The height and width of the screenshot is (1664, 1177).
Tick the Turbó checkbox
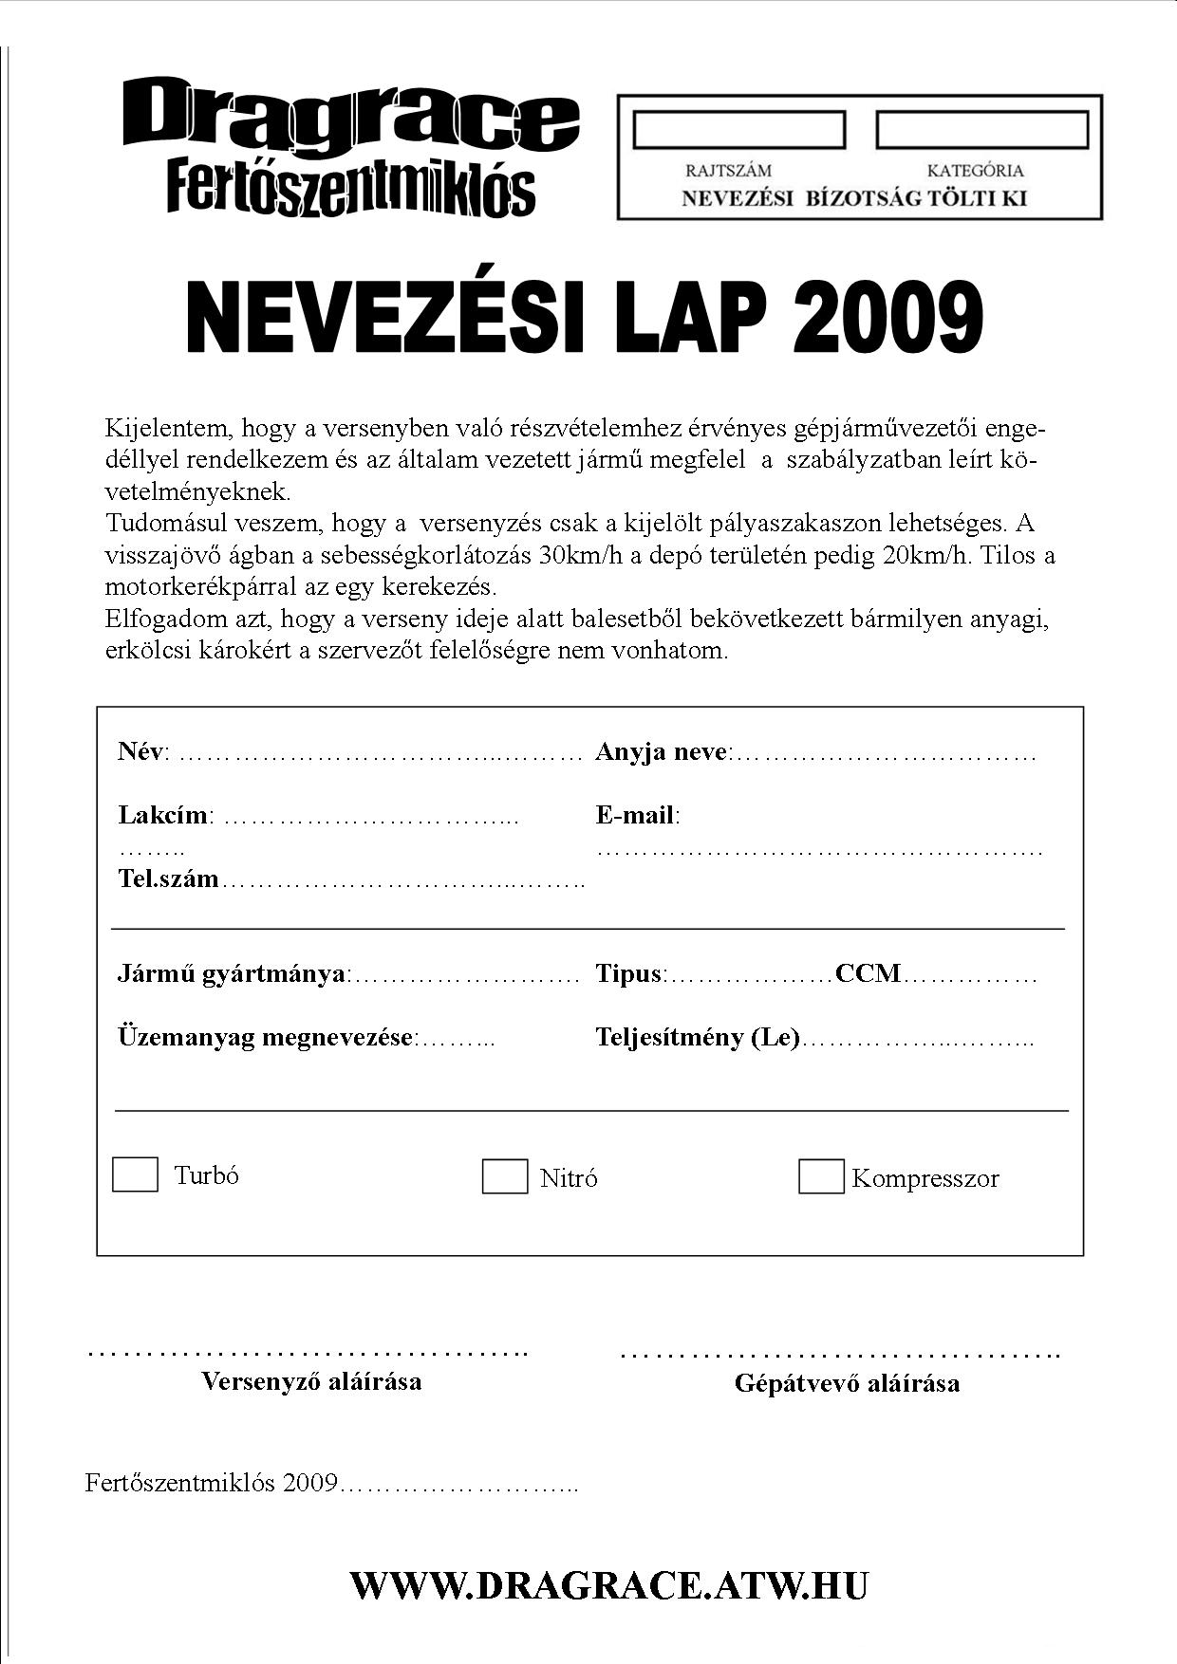click(135, 1174)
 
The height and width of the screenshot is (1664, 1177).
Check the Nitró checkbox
click(504, 1176)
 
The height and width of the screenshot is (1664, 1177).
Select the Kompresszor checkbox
click(821, 1176)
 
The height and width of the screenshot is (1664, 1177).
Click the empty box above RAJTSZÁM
click(738, 130)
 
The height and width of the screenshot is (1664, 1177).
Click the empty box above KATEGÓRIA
click(981, 130)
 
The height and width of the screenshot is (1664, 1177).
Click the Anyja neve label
click(663, 752)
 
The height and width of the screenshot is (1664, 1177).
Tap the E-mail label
click(636, 815)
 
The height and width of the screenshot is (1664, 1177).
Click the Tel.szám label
click(168, 878)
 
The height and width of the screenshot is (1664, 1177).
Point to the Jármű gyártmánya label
click(232, 973)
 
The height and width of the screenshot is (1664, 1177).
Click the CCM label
click(868, 973)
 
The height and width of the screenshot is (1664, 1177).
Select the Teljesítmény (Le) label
click(698, 1037)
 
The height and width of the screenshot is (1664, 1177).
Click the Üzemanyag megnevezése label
click(266, 1037)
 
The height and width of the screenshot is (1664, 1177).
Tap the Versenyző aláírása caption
click(311, 1380)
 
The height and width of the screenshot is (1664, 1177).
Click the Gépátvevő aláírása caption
click(847, 1383)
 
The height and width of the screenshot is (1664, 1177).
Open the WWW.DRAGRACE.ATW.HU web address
click(608, 1585)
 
